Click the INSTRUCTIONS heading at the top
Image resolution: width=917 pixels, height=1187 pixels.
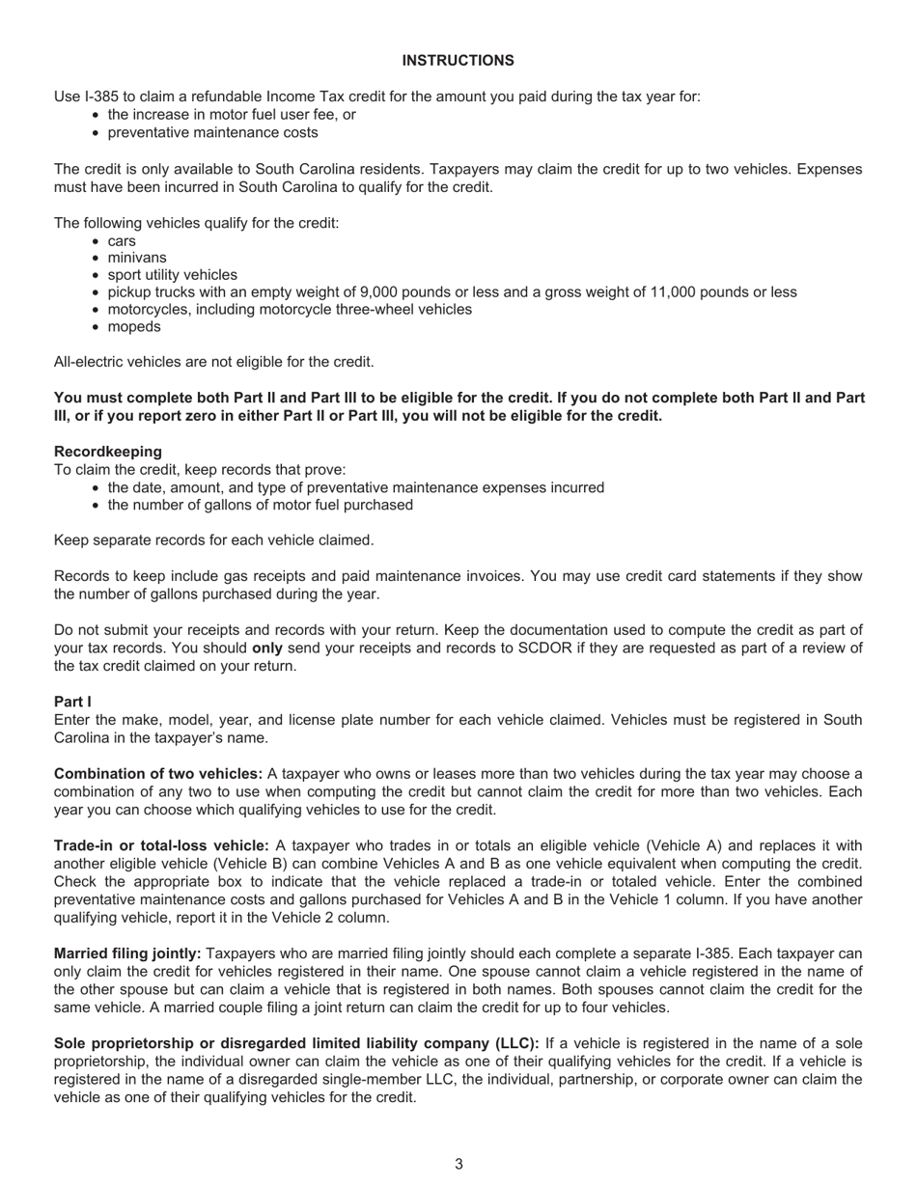(458, 61)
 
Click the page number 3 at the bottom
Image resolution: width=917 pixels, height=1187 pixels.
(458, 1164)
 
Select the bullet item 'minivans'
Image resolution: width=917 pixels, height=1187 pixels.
(137, 258)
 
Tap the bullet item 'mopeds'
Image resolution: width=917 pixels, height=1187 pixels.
(134, 326)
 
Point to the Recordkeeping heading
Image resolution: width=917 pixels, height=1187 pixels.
(108, 452)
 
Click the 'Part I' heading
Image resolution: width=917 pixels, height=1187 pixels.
(72, 702)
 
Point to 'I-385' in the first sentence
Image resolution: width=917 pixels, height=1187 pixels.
(103, 97)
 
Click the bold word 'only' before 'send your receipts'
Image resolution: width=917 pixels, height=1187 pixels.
(267, 649)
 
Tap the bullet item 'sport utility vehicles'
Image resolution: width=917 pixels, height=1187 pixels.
(172, 275)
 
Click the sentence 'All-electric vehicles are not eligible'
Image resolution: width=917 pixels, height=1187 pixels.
(213, 362)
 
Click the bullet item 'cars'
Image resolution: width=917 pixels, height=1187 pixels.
(122, 241)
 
